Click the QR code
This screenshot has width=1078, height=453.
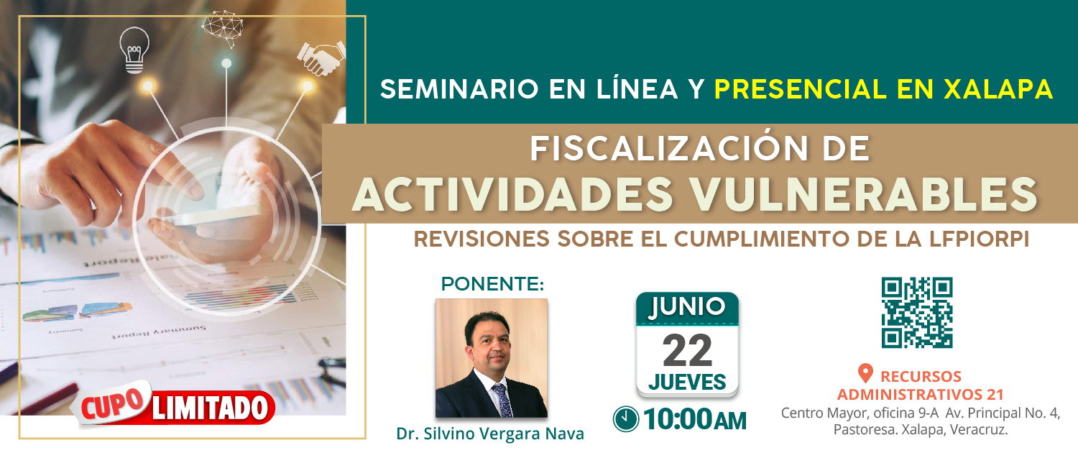point(917,313)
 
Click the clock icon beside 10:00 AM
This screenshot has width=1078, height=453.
point(626,418)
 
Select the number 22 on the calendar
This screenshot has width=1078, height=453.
point(687,350)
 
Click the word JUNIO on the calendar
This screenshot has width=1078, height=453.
point(687,307)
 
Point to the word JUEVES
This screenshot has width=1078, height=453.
point(687,383)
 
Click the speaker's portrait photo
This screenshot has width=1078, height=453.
point(492,358)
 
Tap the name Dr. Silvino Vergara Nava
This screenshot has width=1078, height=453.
point(490,434)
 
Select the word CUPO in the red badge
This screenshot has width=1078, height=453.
point(114,404)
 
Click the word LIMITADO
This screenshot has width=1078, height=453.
point(210,408)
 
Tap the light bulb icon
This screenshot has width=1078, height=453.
point(134,50)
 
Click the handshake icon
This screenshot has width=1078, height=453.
point(321,58)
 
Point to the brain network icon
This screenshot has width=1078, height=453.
point(222,29)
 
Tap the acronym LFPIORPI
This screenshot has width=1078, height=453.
point(979,239)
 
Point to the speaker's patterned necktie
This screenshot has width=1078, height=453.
point(502,400)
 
